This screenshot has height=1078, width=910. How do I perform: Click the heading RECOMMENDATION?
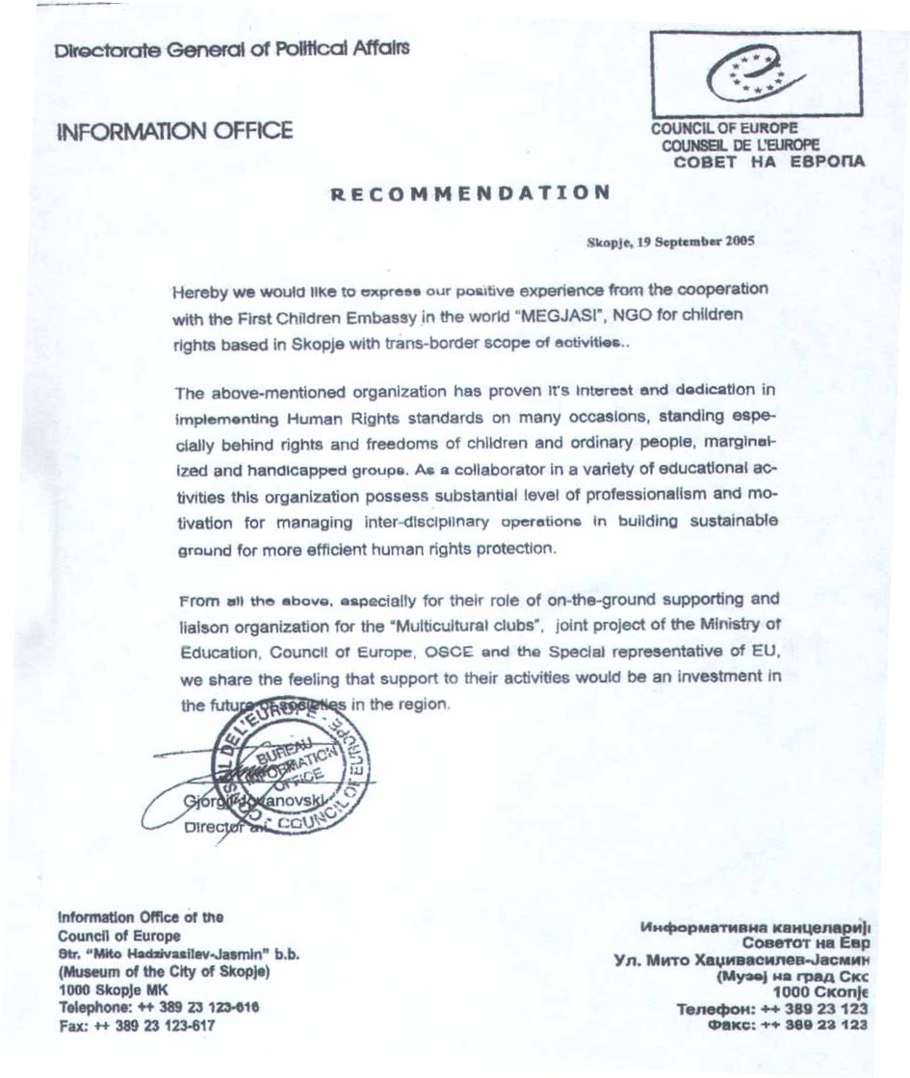point(470,192)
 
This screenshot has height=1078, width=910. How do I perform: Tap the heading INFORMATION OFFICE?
point(175,132)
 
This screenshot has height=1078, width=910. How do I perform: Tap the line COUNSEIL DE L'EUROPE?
point(740,145)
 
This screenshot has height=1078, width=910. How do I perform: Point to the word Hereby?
point(198,291)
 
